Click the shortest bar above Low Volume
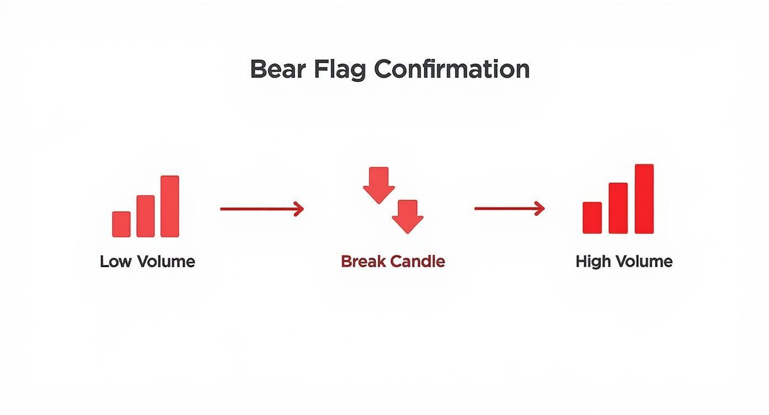(x=122, y=224)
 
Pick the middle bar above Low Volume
(x=145, y=216)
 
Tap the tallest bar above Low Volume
(x=170, y=206)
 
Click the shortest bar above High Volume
(x=592, y=217)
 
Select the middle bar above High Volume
(x=618, y=208)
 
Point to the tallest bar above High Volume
(x=644, y=199)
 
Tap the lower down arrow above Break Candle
(x=408, y=216)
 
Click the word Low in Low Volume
(x=114, y=262)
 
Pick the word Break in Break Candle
(x=363, y=261)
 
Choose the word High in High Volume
(x=591, y=261)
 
